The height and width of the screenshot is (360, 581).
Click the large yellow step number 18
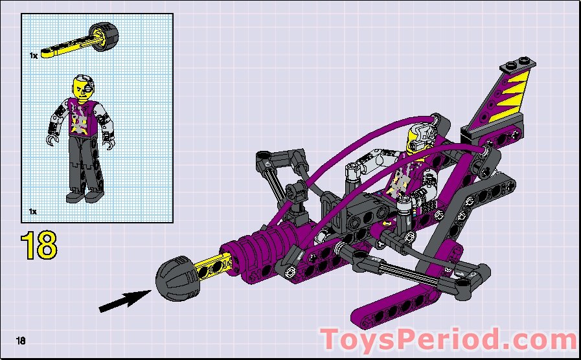coord(39,245)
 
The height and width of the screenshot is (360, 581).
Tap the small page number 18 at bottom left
coord(21,341)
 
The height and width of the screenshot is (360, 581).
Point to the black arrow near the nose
coord(123,300)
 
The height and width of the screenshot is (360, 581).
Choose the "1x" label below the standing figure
coord(33,212)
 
